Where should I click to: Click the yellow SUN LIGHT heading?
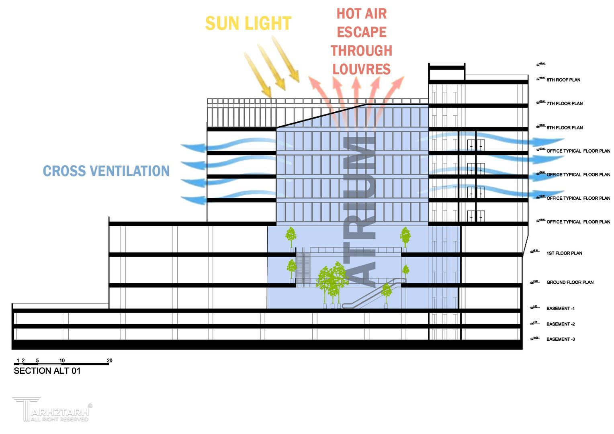click(248, 24)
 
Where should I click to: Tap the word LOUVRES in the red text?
click(361, 70)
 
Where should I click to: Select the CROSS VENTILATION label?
click(106, 171)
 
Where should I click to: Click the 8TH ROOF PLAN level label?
click(563, 80)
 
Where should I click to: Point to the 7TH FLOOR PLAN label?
click(564, 104)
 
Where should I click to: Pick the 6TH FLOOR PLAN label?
click(564, 128)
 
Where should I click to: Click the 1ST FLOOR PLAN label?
click(564, 253)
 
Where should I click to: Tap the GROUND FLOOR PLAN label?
click(569, 283)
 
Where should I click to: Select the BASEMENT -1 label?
click(560, 309)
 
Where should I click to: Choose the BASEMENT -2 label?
click(560, 324)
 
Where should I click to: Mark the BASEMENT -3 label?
click(560, 340)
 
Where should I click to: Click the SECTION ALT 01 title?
click(47, 371)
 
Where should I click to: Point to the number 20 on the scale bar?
click(110, 360)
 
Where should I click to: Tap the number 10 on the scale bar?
click(62, 360)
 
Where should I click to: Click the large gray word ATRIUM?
click(360, 211)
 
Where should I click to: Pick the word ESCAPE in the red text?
click(361, 32)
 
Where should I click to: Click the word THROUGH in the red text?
click(361, 51)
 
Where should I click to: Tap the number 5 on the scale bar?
click(37, 360)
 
